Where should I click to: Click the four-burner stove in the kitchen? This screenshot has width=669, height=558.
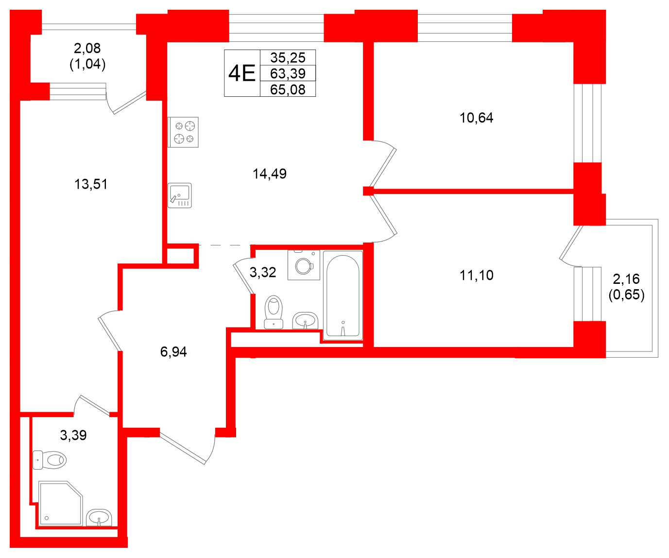click(184, 132)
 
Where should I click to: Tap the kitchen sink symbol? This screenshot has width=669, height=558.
click(180, 195)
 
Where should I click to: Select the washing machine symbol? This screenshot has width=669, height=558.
click(304, 265)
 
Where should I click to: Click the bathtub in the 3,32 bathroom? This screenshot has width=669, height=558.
click(343, 296)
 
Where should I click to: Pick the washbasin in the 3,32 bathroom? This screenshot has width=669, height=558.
click(305, 321)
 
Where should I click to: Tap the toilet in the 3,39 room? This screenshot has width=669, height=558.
click(50, 459)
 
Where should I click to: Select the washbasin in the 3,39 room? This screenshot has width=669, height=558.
click(99, 517)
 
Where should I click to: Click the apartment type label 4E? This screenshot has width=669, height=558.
click(242, 73)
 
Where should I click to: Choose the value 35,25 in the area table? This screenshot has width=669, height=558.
click(288, 57)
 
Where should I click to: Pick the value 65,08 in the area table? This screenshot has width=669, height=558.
click(288, 89)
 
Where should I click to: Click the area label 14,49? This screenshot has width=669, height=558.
click(270, 174)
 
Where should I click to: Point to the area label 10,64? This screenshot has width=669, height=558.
click(477, 118)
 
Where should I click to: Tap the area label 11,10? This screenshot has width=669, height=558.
click(477, 275)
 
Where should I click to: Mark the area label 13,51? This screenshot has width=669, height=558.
click(91, 184)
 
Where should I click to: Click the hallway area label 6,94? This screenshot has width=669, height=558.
click(173, 351)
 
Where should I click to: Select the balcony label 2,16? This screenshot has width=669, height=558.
click(626, 279)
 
